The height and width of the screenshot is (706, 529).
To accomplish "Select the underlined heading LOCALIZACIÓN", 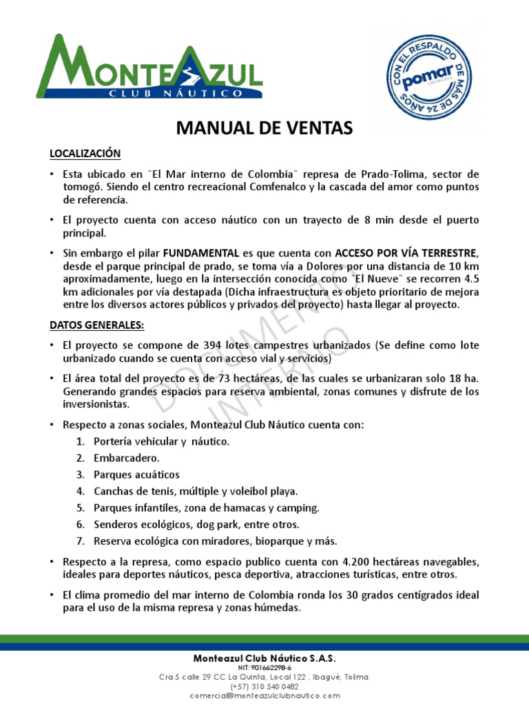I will (x=85, y=153).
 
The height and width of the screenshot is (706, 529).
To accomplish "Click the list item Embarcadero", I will (x=126, y=458).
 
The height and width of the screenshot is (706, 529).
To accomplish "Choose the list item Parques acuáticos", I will (x=136, y=474).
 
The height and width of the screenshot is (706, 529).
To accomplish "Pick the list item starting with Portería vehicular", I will (x=161, y=441).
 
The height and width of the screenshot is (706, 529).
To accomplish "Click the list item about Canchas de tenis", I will (x=196, y=491).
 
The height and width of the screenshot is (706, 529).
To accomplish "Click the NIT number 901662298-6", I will (x=264, y=668).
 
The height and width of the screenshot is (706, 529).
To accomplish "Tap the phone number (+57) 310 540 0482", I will (x=264, y=687).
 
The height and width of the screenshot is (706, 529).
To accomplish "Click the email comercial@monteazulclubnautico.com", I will (x=264, y=696).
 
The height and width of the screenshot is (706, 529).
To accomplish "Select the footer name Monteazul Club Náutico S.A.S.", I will (x=264, y=658).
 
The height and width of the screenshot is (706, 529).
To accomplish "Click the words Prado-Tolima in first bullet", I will (x=394, y=174).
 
